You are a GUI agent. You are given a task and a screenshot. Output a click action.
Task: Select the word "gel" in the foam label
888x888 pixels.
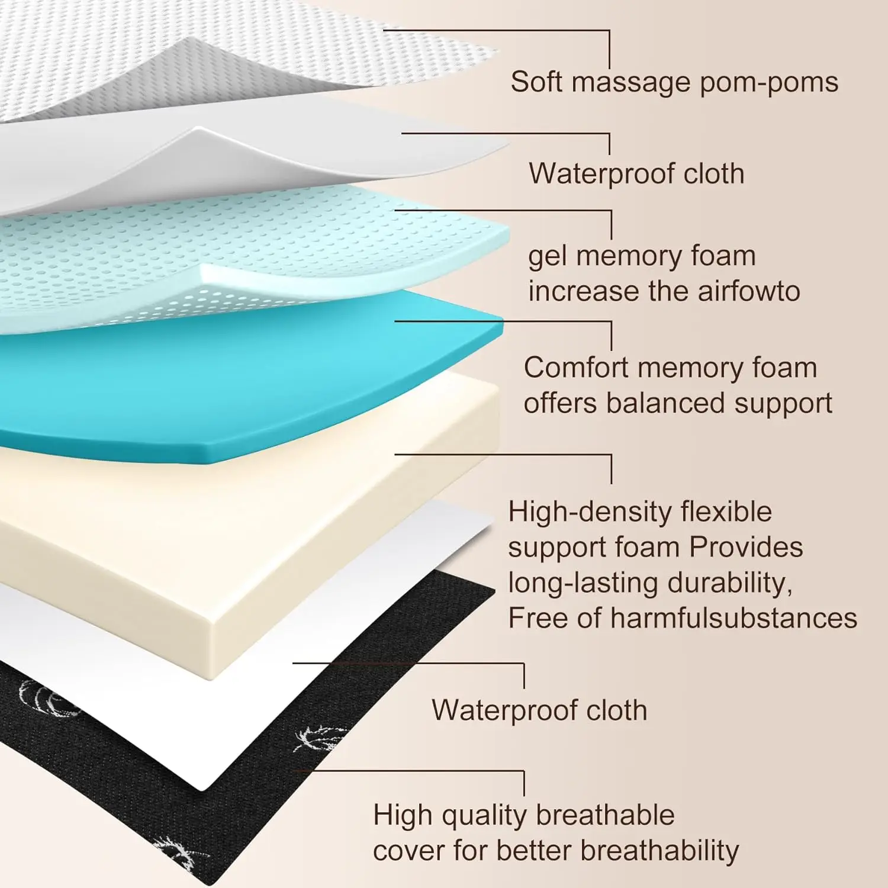547,257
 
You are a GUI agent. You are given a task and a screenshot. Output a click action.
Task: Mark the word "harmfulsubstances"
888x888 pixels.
733,618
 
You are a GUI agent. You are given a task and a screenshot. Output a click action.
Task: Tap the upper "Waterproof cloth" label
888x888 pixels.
636,173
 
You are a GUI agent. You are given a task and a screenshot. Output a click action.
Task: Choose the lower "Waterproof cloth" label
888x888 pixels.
539,710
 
